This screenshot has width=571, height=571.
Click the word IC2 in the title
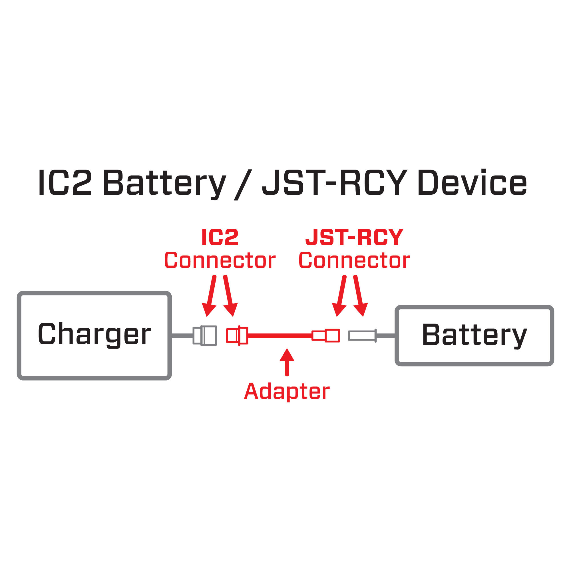coord(65,183)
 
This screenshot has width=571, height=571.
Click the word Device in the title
coord(472,183)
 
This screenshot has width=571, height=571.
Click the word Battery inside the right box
coord(474,335)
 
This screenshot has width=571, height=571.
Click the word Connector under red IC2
coord(220,261)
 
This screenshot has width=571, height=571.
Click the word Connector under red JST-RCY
coord(354,261)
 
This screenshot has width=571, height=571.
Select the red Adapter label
coord(287,392)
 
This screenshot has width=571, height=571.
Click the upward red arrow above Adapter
coord(287,362)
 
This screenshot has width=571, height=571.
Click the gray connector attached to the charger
coord(205,335)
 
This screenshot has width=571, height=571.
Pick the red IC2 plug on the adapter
coord(237,335)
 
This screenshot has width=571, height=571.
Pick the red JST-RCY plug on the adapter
coord(326,335)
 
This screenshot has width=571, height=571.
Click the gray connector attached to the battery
coord(362,336)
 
